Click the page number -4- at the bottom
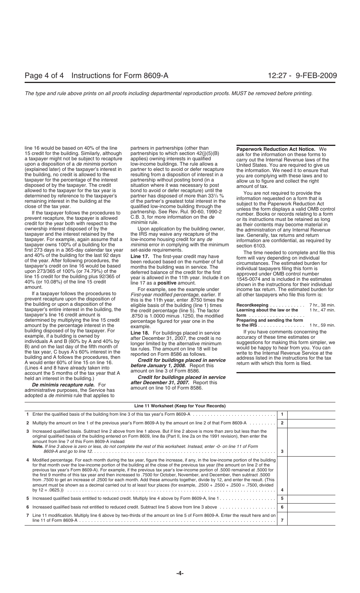[180, 574]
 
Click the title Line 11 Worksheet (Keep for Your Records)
[180, 406]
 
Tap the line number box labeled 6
[282, 507]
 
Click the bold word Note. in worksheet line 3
[38, 446]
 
